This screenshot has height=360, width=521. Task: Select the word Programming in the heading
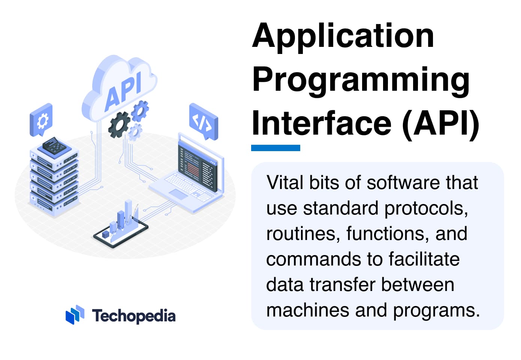coord(361,81)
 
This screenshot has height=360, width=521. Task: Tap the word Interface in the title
coord(322,123)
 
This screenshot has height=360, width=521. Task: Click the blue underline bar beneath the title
coord(275,148)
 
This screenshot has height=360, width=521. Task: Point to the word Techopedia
coord(134,316)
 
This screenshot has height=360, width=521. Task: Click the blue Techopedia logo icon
coord(75,315)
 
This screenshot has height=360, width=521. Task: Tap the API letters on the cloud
coord(123,92)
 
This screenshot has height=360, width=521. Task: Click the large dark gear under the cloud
coord(119,125)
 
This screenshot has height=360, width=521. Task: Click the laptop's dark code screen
coord(198,168)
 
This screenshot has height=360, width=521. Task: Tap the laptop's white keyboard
coord(189,186)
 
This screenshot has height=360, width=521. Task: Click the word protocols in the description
coord(426,208)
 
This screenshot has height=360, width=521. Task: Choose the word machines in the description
coord(307,310)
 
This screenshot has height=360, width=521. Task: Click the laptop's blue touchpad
coord(178,194)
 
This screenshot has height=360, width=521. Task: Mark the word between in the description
coord(418,285)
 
